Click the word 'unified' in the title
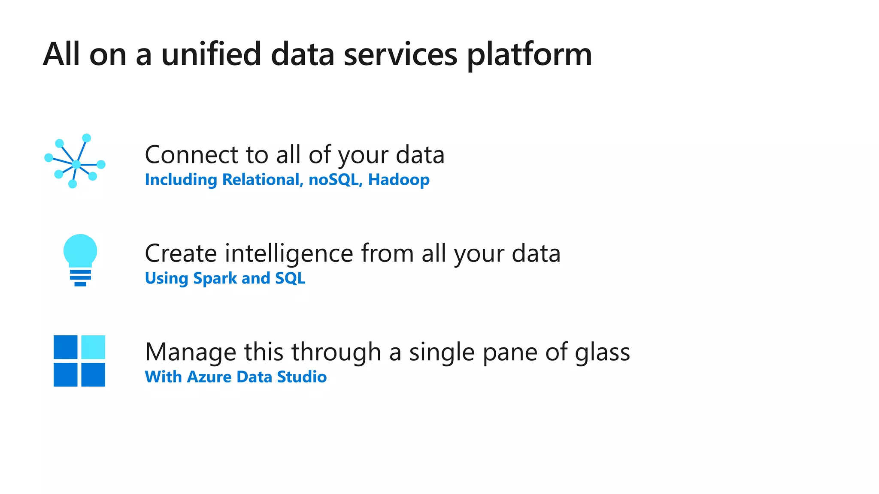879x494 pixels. click(211, 54)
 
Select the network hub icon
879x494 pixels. click(75, 162)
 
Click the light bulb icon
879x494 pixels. click(80, 259)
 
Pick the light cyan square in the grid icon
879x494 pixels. click(93, 347)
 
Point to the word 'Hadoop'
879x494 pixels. click(399, 180)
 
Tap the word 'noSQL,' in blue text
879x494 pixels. click(336, 180)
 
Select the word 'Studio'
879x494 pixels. click(302, 377)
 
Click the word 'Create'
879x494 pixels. click(181, 253)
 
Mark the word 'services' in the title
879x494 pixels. click(400, 54)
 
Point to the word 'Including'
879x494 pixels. click(181, 180)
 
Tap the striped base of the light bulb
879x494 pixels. click(80, 277)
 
